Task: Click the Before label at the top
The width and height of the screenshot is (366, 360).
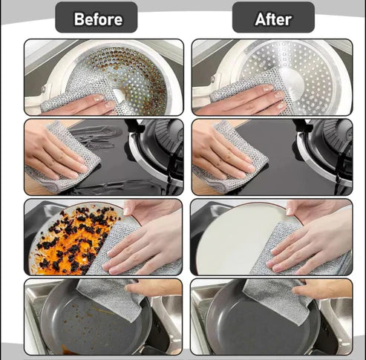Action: tap(96, 19)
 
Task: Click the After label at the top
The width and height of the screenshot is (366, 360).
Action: tap(272, 19)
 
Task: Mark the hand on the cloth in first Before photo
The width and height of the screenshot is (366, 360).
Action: tap(82, 104)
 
